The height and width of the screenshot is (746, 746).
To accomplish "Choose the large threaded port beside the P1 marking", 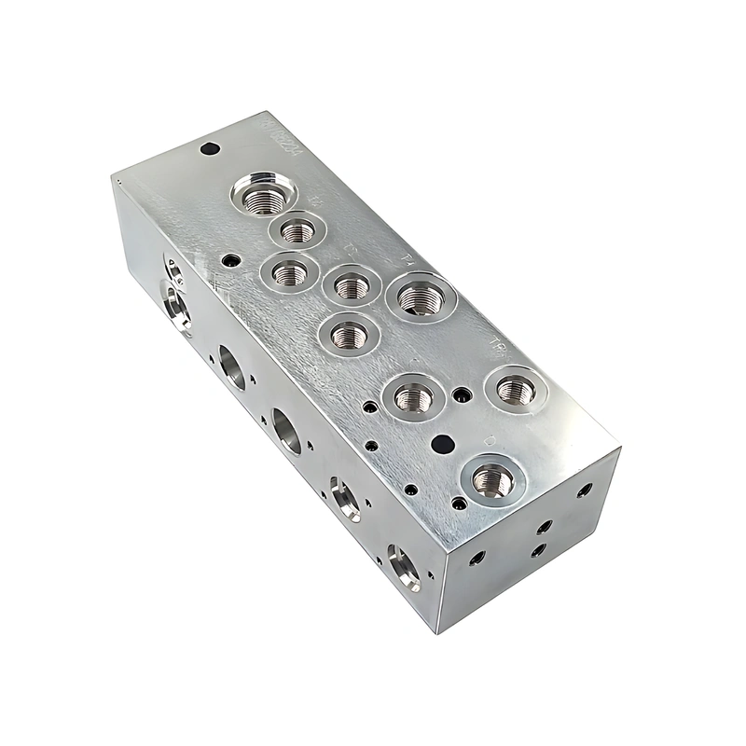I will pos(421,297).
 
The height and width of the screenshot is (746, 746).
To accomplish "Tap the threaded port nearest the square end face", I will pos(492,479).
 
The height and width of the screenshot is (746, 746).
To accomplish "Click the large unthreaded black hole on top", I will pos(445,441).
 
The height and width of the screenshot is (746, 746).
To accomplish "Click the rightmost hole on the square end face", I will pos(586,489).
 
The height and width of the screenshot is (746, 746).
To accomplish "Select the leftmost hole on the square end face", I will pos(477,559).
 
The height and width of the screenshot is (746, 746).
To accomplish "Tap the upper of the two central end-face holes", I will pos(546,528).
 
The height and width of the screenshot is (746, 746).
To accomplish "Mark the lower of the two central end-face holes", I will pos(538,550).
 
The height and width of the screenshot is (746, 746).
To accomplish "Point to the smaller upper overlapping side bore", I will pos(173,271).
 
